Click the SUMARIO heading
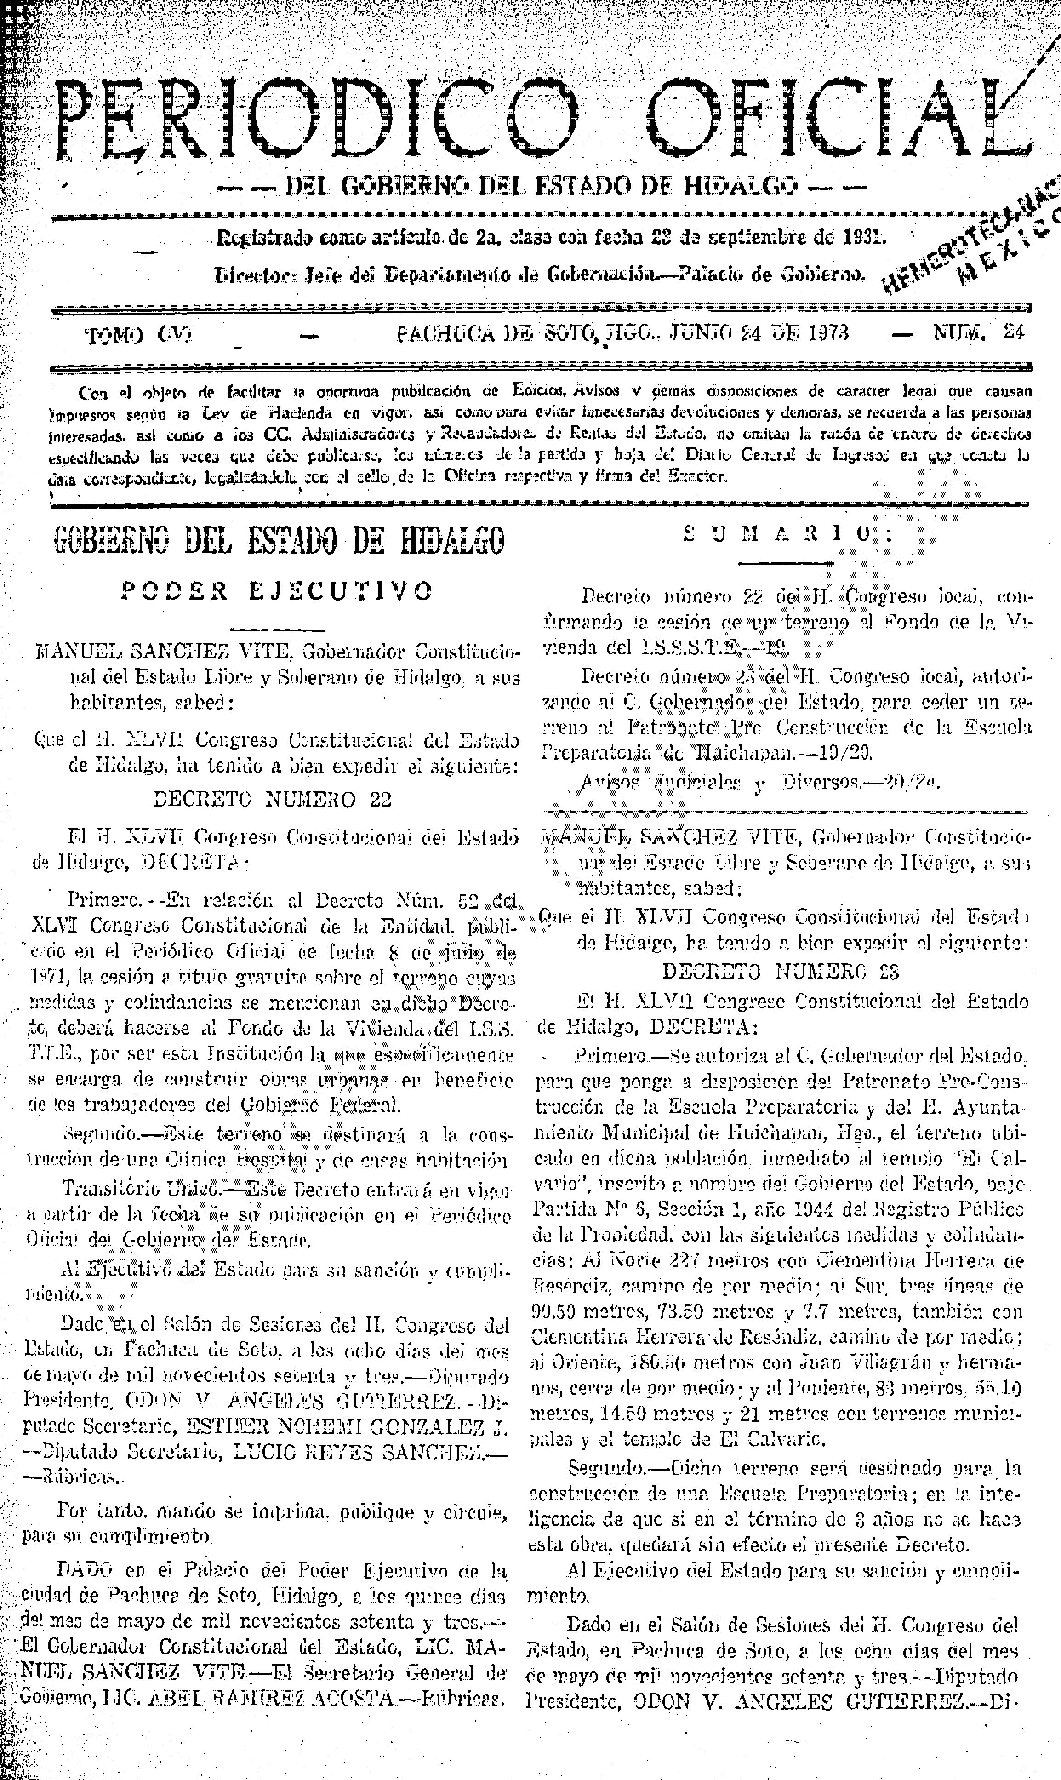tap(787, 534)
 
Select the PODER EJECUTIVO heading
tap(277, 591)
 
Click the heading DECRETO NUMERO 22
tap(273, 799)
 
